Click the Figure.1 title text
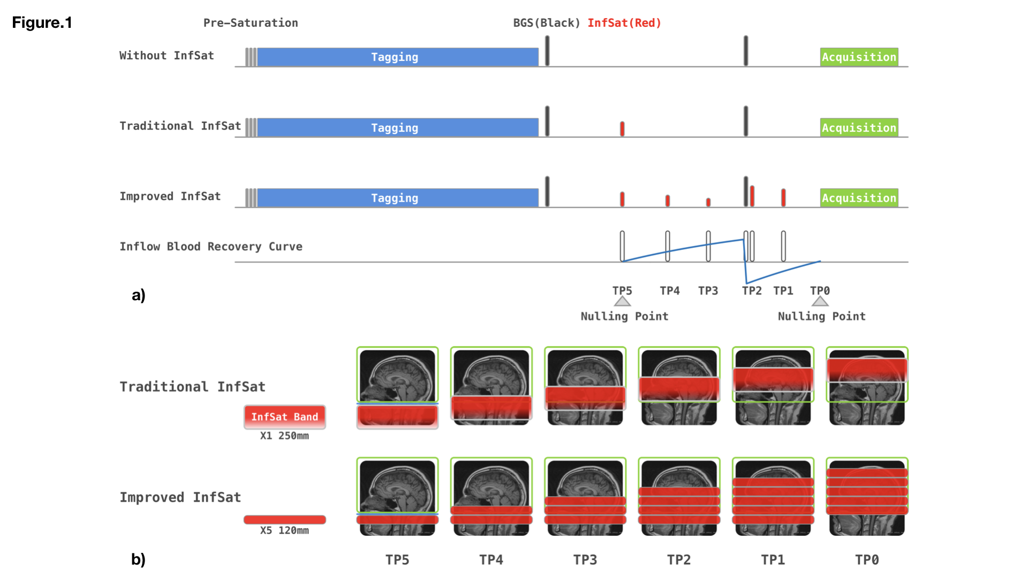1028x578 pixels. pos(42,22)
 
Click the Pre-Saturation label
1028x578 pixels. pos(251,23)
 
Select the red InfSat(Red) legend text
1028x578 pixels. pos(624,23)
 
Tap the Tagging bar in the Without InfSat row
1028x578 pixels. pos(395,57)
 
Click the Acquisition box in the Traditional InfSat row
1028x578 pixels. pos(859,128)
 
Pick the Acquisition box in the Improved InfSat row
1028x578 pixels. pos(859,198)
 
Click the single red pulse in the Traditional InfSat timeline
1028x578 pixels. pos(622,128)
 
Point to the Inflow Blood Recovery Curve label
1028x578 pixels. pos(211,247)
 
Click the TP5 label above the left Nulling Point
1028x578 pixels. pos(622,291)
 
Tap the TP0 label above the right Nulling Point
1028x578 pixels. pos(820,291)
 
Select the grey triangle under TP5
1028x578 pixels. pos(622,302)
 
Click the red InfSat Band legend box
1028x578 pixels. pos(285,417)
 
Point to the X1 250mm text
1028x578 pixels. pos(284,436)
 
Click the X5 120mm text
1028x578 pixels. pos(284,530)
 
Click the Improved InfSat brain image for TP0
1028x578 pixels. pos(867,497)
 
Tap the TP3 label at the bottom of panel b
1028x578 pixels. pos(585,560)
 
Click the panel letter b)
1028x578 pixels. pos(138,559)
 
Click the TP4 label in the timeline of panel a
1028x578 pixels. pos(669,291)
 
